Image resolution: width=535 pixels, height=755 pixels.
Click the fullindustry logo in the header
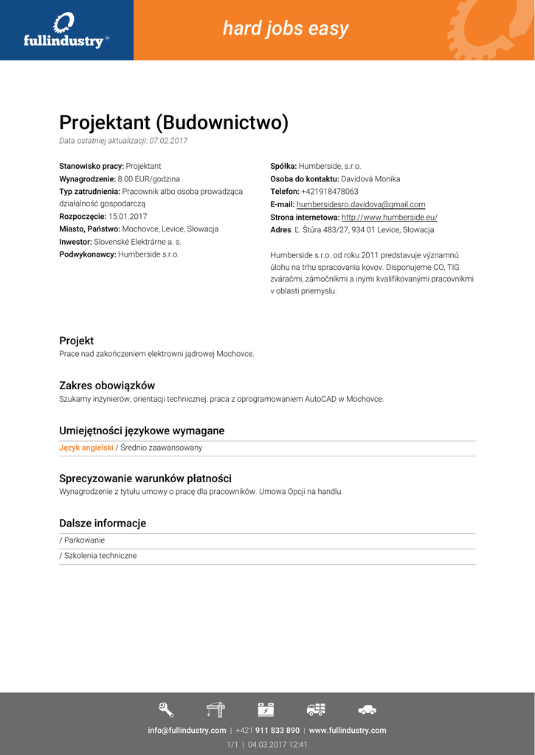pyautogui.click(x=66, y=30)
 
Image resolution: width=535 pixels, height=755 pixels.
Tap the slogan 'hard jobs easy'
pyautogui.click(x=286, y=29)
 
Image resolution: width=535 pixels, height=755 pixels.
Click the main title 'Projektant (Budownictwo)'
pyautogui.click(x=173, y=122)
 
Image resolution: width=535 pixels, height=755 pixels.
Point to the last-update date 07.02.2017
pyautogui.click(x=168, y=141)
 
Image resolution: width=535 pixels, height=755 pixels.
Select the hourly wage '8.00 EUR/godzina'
pyautogui.click(x=148, y=179)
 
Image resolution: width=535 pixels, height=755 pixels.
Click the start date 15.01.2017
pyautogui.click(x=128, y=217)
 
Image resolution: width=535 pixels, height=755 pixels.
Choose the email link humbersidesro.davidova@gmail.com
pyautogui.click(x=361, y=204)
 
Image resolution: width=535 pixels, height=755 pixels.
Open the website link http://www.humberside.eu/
pyautogui.click(x=390, y=218)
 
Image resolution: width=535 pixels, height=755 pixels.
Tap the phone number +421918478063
pyautogui.click(x=330, y=192)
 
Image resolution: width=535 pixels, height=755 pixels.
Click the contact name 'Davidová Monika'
pyautogui.click(x=370, y=179)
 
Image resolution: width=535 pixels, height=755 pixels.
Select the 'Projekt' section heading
pyautogui.click(x=76, y=341)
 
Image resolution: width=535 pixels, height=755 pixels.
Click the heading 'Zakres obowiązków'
pyautogui.click(x=107, y=386)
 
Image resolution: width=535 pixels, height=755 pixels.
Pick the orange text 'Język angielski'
pyautogui.click(x=86, y=448)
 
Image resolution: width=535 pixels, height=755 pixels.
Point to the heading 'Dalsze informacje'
pyautogui.click(x=103, y=523)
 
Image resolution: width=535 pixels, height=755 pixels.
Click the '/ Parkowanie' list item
pyautogui.click(x=82, y=540)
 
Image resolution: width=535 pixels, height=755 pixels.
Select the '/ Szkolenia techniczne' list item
pyautogui.click(x=98, y=556)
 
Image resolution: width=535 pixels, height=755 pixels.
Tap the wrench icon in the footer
pyautogui.click(x=166, y=709)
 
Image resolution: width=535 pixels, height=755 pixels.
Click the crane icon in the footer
pyautogui.click(x=215, y=709)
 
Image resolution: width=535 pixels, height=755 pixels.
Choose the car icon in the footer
pyautogui.click(x=367, y=709)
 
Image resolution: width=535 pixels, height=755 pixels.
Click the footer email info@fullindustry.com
pyautogui.click(x=187, y=731)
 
